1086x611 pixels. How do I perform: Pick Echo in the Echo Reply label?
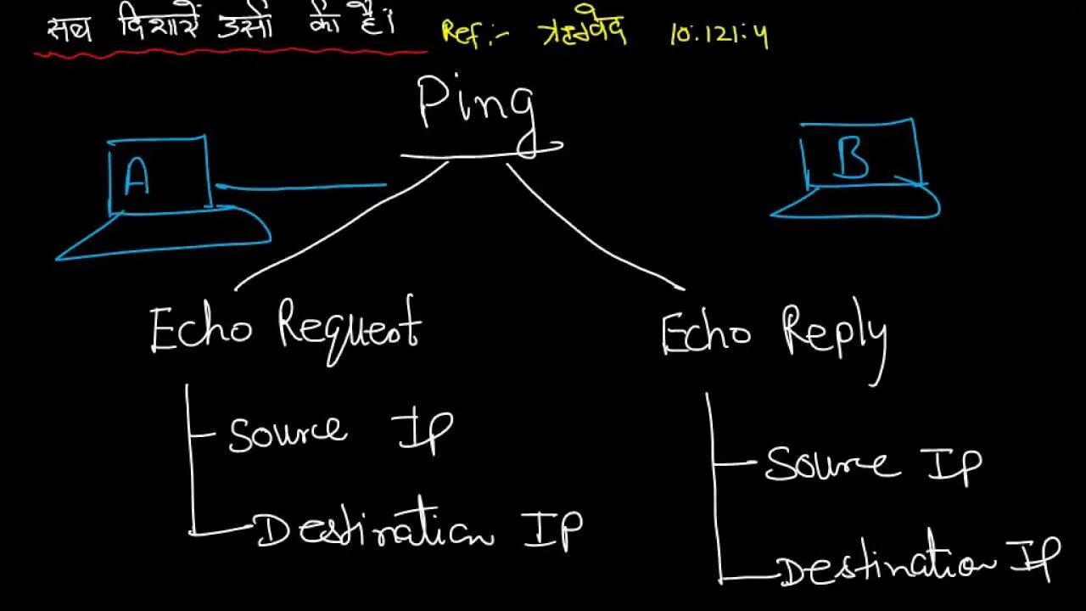[706, 333]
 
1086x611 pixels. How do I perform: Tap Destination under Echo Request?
[374, 530]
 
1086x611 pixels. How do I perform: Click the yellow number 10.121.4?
[719, 36]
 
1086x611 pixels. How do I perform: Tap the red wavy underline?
[229, 53]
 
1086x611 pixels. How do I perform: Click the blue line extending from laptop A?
[301, 186]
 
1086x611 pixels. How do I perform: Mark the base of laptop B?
[857, 204]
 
